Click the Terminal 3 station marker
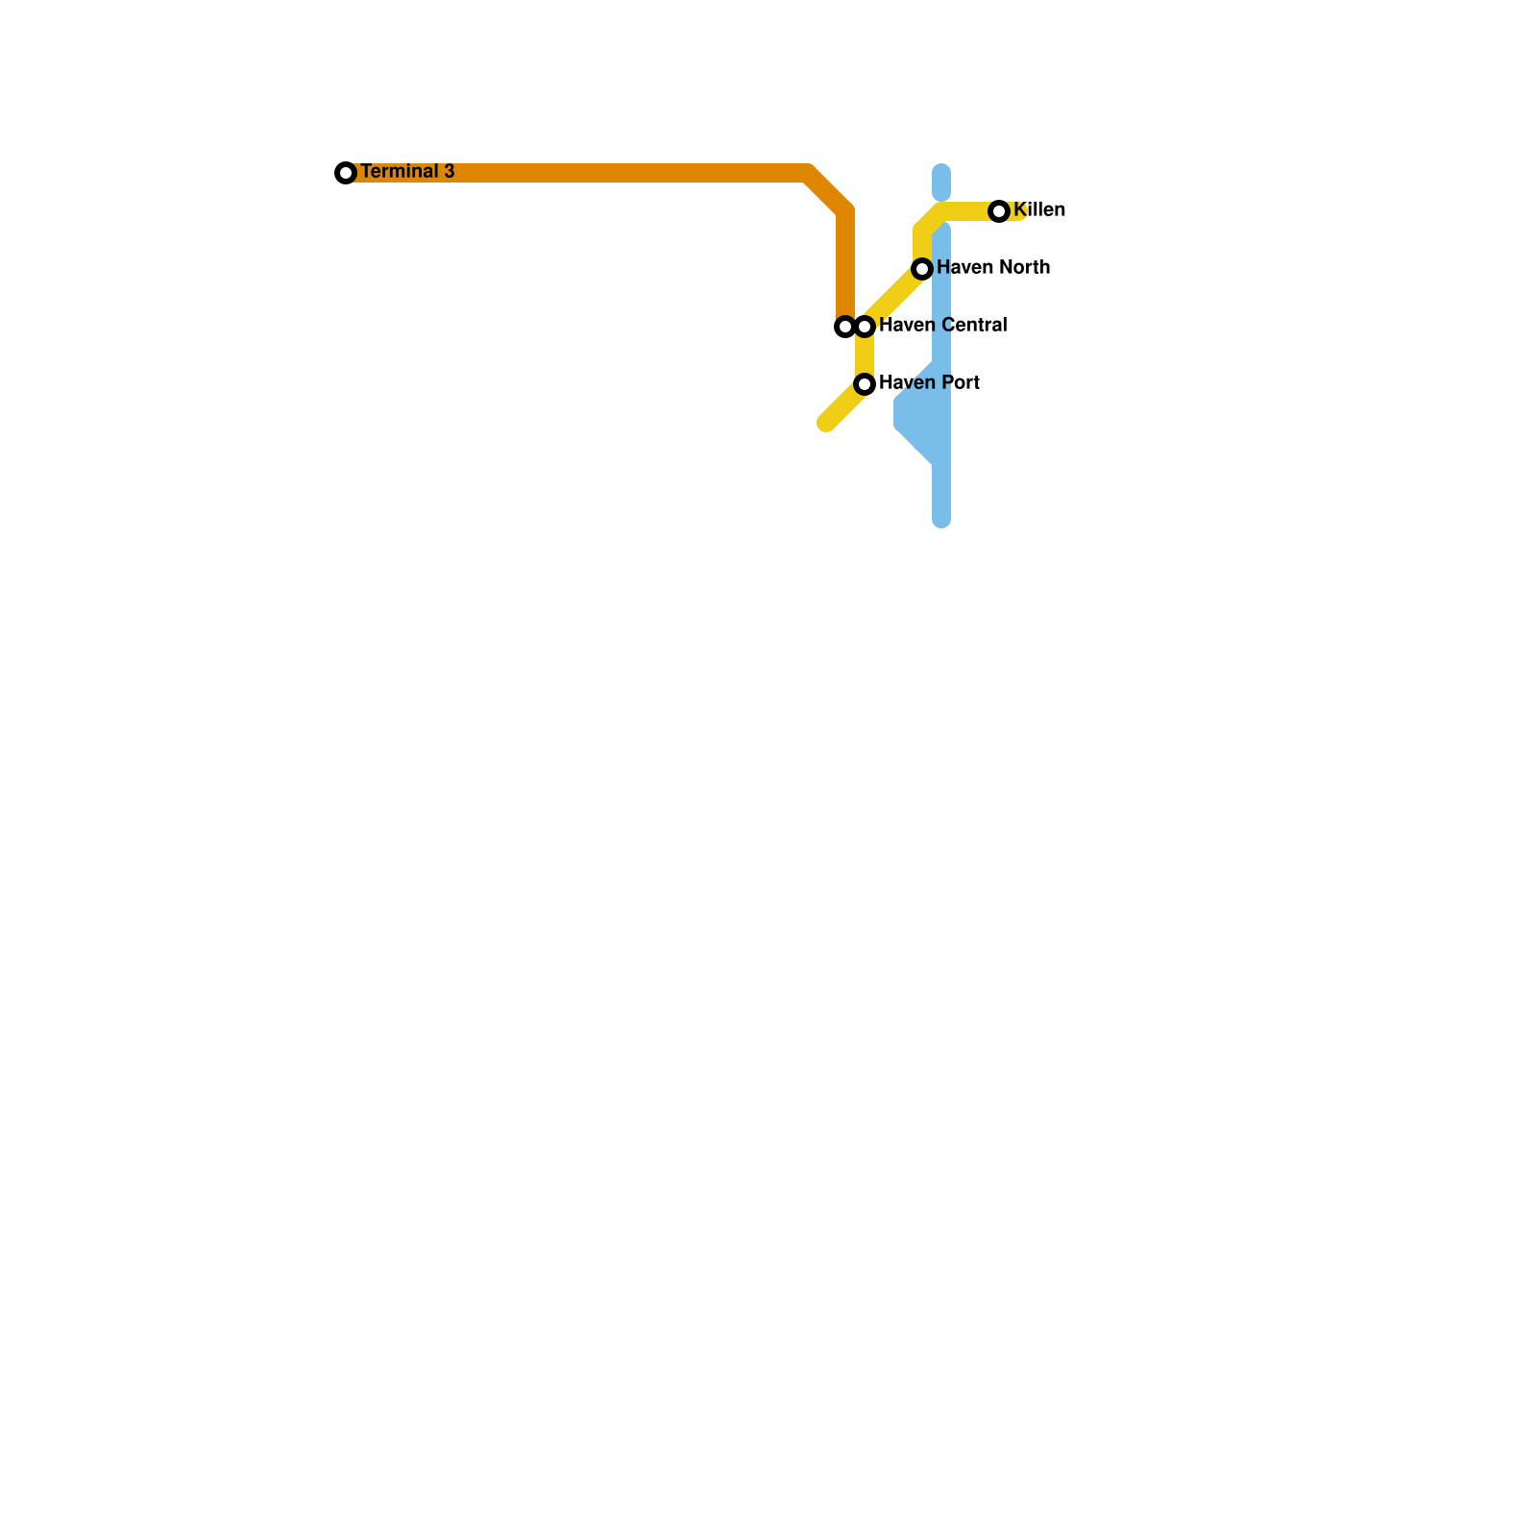[x=346, y=173]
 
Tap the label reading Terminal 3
[x=407, y=172]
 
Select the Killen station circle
[x=999, y=211]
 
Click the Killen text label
[x=1039, y=210]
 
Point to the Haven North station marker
[x=922, y=269]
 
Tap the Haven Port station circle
[x=865, y=384]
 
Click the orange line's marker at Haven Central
[x=844, y=327]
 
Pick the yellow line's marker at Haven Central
[x=865, y=327]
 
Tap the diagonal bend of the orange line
[x=828, y=191]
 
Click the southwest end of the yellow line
[x=826, y=423]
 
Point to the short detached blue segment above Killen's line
[x=941, y=183]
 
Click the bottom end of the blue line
[x=941, y=520]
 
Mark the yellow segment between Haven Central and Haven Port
[x=865, y=355]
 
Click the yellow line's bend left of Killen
[x=930, y=219]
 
